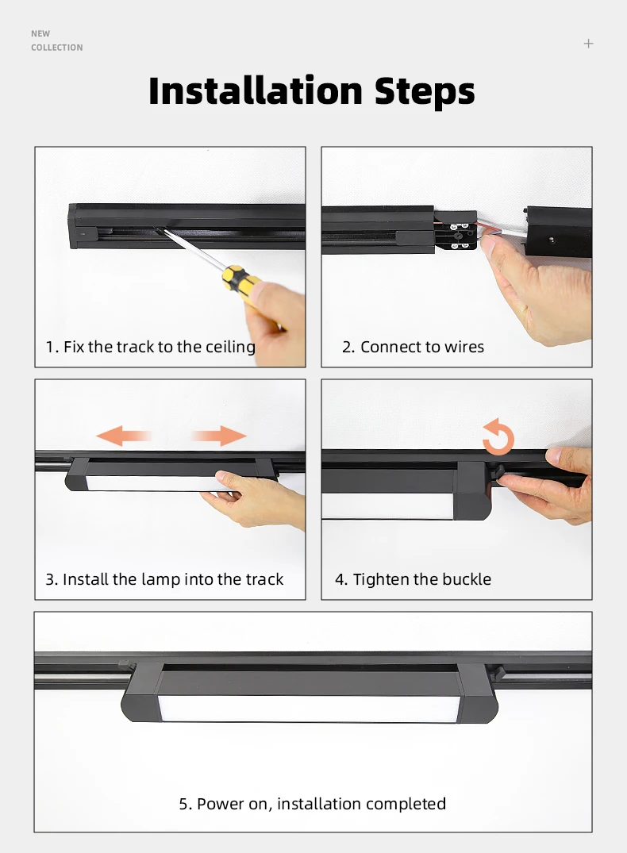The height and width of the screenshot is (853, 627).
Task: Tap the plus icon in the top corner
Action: point(588,44)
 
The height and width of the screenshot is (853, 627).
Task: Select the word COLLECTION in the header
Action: point(56,48)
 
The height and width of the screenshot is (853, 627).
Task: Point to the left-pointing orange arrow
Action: point(123,435)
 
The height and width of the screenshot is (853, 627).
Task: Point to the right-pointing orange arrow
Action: point(219,435)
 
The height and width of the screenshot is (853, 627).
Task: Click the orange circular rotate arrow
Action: point(498,438)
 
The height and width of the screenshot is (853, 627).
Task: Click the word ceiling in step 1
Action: point(230,347)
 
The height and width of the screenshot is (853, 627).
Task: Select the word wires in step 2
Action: point(464,347)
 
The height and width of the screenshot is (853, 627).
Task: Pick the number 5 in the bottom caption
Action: point(184,804)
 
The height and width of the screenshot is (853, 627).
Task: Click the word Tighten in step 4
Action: point(379,579)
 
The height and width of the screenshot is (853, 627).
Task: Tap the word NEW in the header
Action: point(40,33)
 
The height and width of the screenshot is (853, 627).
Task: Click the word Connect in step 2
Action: point(389,347)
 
